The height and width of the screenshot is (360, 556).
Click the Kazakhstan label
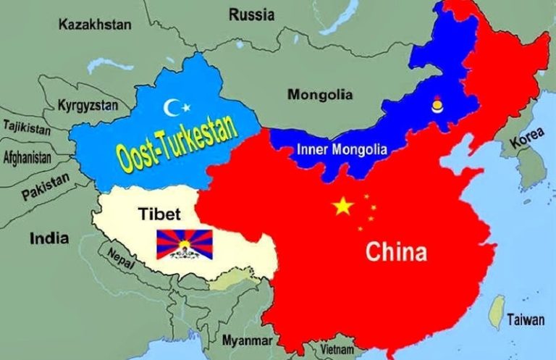coord(95,25)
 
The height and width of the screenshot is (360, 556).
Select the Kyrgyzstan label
coord(88,104)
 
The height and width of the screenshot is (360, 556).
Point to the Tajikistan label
coord(27,127)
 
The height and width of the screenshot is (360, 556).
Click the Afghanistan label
coord(28,156)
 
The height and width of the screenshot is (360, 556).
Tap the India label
coord(49,238)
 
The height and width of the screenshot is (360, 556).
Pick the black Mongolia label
coord(321,94)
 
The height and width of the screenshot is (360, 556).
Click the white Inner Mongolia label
coord(342,151)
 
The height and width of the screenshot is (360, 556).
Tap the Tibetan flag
coord(185,244)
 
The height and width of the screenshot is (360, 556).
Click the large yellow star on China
coord(343,207)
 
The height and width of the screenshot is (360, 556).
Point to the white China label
coord(395,252)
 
